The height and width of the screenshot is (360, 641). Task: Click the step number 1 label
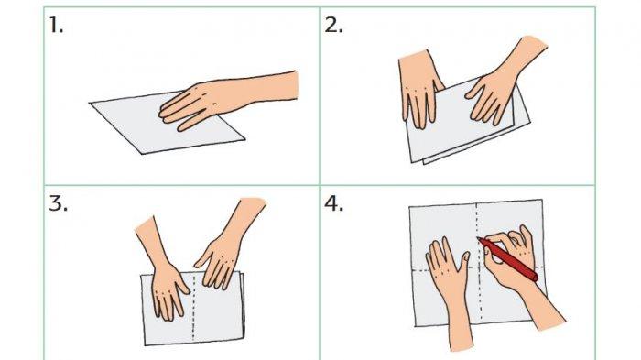coord(56,26)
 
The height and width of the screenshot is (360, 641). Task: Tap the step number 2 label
coord(333,26)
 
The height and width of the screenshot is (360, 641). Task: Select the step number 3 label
coord(58,203)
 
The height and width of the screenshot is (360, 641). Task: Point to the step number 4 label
coord(333,203)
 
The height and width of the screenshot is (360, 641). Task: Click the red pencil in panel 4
coord(507,259)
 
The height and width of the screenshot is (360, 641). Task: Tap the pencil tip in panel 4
coord(478,237)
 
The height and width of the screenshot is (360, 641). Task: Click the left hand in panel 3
coord(164,274)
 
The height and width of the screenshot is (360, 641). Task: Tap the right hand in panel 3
coord(227,245)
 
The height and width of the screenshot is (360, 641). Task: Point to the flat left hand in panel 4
coord(450,287)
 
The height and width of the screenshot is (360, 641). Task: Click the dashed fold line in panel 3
coord(193,307)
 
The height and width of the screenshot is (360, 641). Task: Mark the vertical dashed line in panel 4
coord(478,262)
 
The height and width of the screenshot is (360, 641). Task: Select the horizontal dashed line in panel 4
coord(478,268)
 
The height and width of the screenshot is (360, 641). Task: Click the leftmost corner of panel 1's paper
coord(90,104)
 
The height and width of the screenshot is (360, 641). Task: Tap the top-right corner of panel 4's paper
coord(542,200)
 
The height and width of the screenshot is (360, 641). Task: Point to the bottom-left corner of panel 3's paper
coord(145,344)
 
